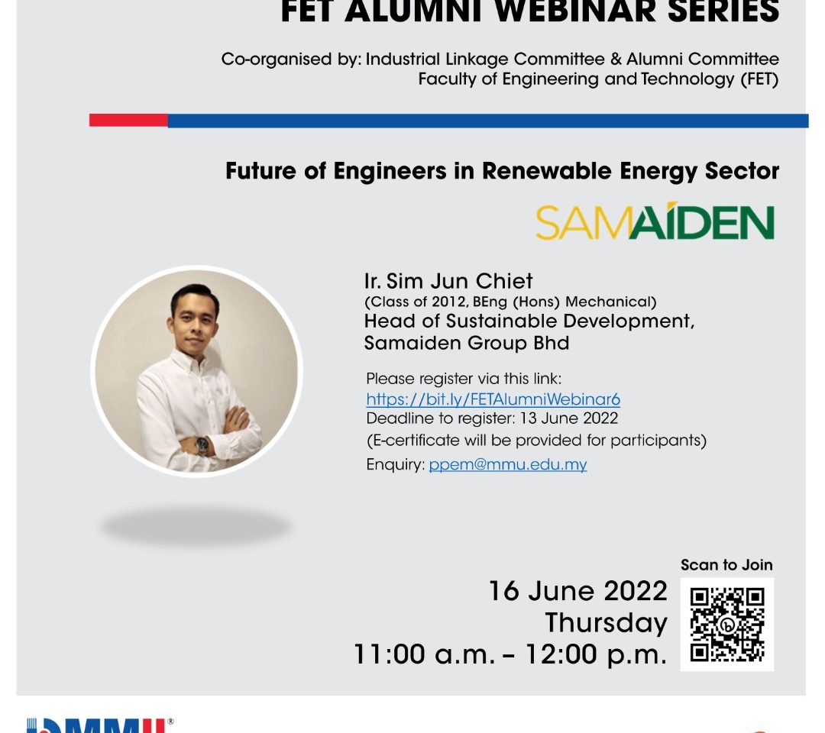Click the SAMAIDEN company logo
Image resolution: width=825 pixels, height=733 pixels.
(655, 221)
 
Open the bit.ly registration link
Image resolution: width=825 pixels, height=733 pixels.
(493, 399)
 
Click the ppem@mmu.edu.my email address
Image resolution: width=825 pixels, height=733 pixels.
(508, 465)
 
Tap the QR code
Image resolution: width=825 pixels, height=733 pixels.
(727, 625)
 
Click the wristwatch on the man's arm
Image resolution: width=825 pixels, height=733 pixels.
(202, 445)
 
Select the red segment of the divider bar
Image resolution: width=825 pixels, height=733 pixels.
(128, 121)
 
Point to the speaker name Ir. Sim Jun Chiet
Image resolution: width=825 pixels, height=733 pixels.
(448, 281)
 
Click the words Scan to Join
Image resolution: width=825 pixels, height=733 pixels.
(726, 565)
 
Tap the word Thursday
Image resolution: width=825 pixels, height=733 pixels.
(606, 623)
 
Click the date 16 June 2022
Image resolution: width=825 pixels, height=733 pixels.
(578, 591)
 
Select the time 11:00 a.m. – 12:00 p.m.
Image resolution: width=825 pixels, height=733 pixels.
(510, 654)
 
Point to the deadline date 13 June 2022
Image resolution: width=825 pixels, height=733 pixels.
(569, 418)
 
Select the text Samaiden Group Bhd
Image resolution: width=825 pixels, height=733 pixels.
(467, 344)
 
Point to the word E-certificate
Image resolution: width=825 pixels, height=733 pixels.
(413, 440)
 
